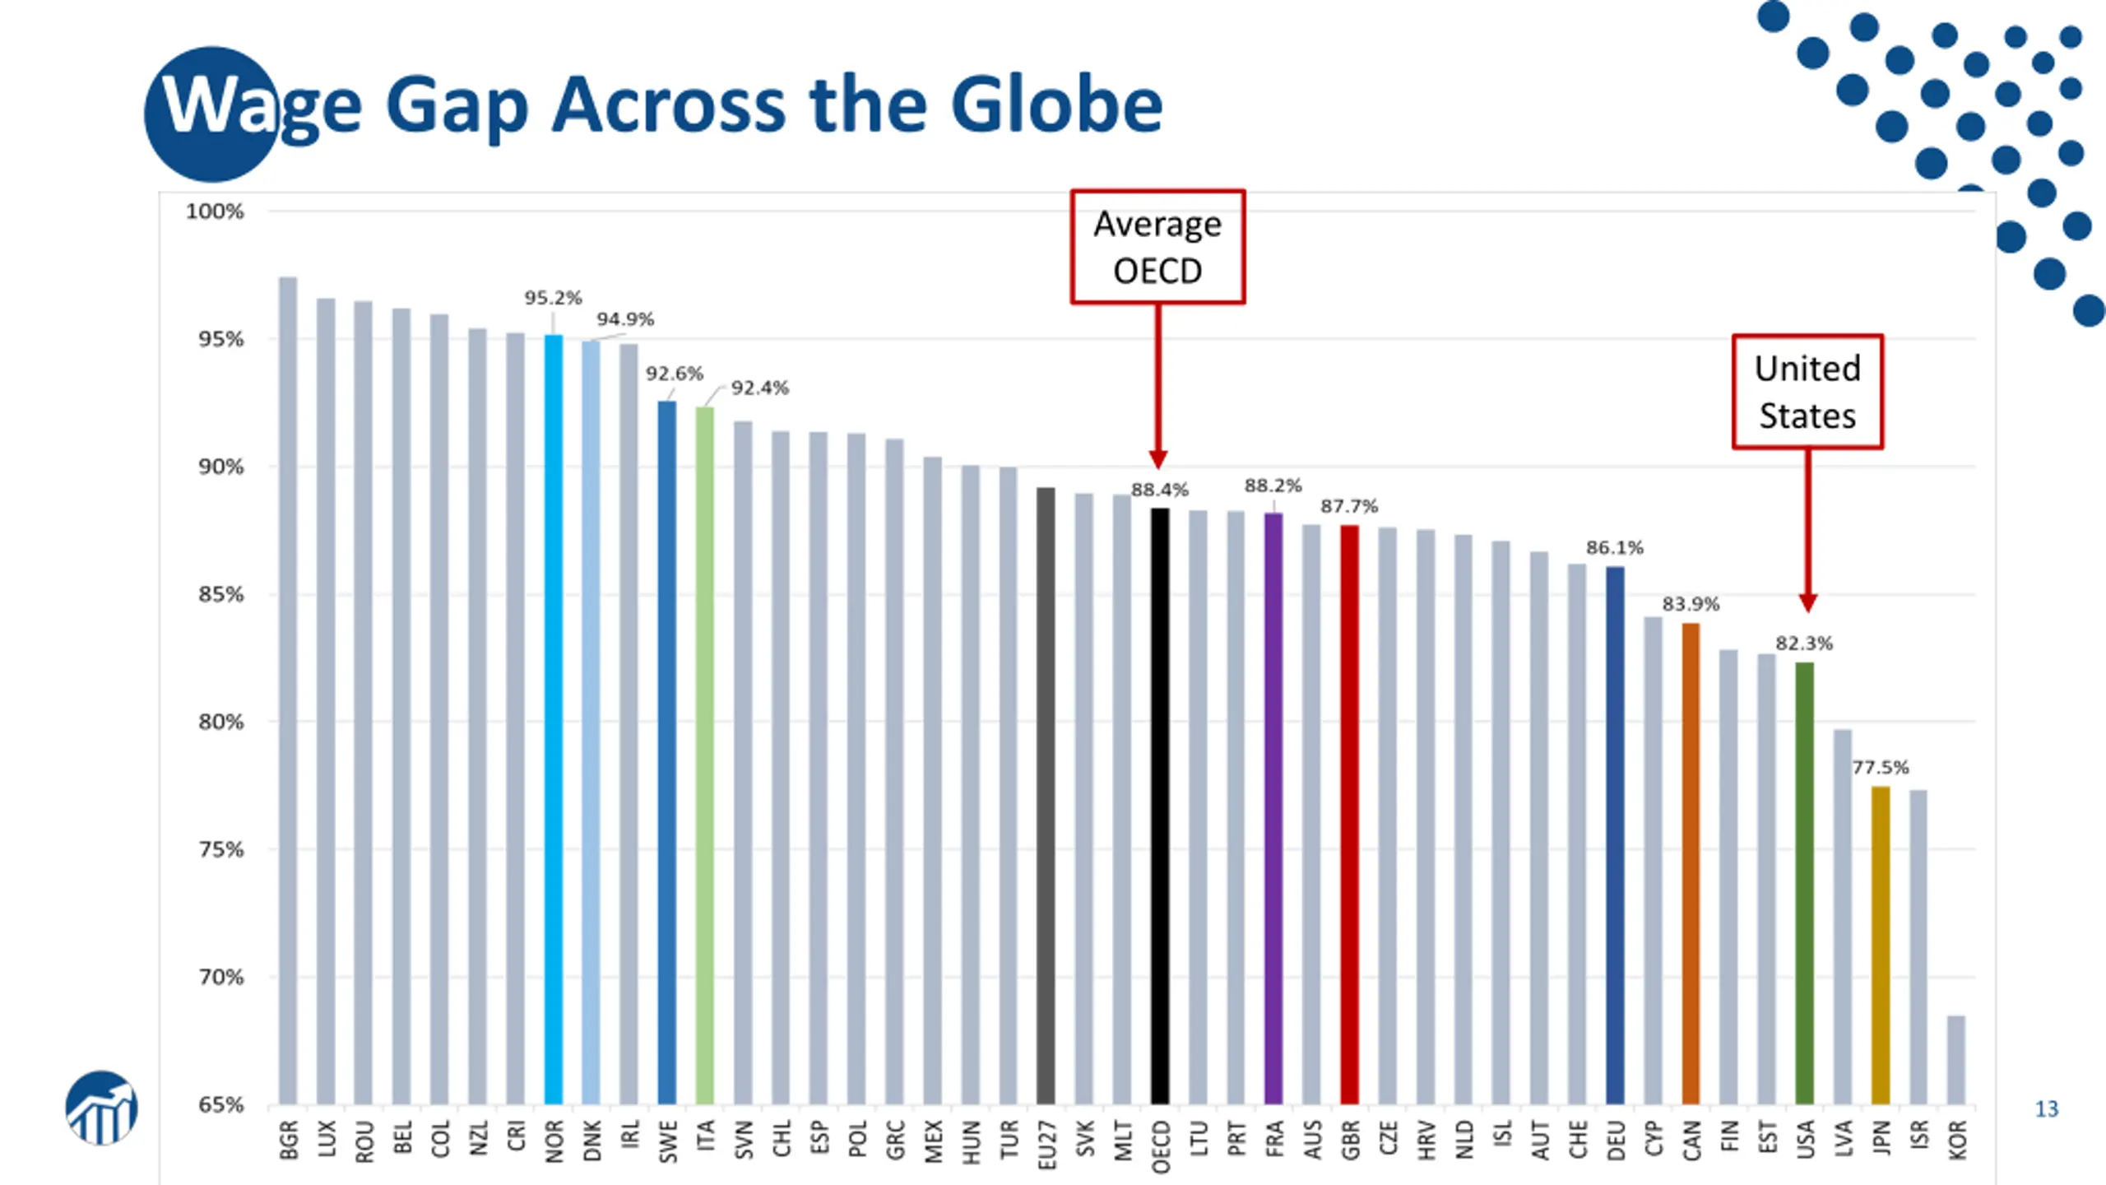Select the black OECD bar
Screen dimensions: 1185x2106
pos(1159,806)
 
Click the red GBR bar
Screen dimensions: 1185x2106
pos(1349,815)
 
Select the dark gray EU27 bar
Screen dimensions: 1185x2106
pos(1046,794)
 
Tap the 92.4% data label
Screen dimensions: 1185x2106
pos(759,388)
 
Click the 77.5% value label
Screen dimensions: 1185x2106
pos(1880,768)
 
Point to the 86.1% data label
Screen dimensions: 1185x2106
pos(1614,548)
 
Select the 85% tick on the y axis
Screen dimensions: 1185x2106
pos(220,595)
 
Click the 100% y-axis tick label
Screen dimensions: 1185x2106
pos(215,212)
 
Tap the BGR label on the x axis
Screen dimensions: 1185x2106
pos(288,1140)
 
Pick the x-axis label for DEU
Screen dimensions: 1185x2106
pos(1615,1140)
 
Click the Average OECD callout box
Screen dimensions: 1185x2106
pos(1157,247)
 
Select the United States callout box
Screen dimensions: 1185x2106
pos(1807,392)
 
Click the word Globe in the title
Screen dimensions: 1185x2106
pos(1056,105)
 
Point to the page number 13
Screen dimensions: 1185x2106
pos(2046,1109)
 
